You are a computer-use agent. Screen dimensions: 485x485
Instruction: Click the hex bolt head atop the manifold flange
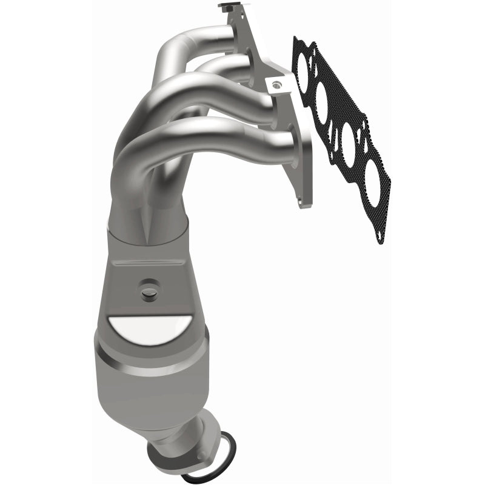(226, 8)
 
